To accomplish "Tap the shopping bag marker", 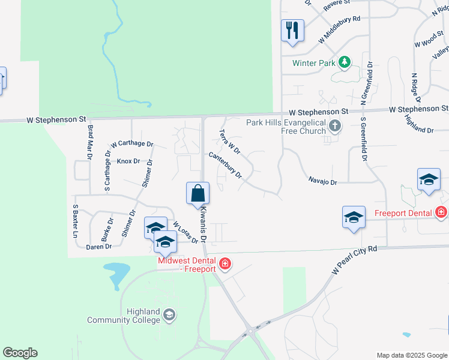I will (x=197, y=193).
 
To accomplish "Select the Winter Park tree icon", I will (x=345, y=62).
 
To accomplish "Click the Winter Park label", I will (x=313, y=62).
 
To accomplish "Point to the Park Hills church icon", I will (x=336, y=126).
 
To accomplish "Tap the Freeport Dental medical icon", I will (x=442, y=212).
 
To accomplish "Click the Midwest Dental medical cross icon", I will (x=225, y=263).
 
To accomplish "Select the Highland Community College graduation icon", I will (x=170, y=314).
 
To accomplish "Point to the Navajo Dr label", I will (x=323, y=181).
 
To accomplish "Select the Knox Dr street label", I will (x=128, y=161).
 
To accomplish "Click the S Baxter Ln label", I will (x=76, y=221).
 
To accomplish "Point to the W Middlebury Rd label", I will (x=340, y=28).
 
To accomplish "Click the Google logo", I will (x=20, y=353).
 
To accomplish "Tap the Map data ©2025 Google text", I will (x=411, y=355).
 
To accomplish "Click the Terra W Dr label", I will (x=230, y=141).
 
